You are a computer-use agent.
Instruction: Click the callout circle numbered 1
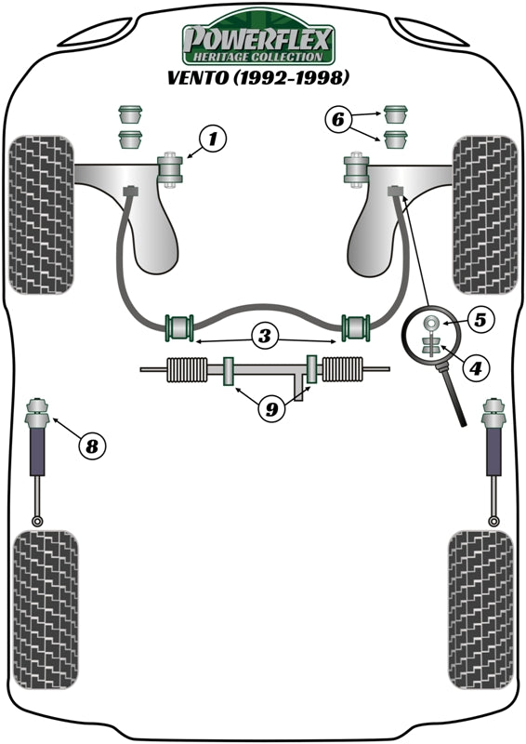pyautogui.click(x=213, y=140)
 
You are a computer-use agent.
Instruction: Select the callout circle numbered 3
pyautogui.click(x=265, y=338)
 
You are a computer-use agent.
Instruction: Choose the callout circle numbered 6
pyautogui.click(x=339, y=118)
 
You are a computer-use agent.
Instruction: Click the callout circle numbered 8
pyautogui.click(x=91, y=446)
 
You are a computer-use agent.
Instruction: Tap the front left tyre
pyautogui.click(x=41, y=215)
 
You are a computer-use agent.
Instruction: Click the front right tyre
pyautogui.click(x=484, y=215)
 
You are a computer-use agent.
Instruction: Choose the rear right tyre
pyautogui.click(x=481, y=609)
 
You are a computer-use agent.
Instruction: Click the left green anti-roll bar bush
pyautogui.click(x=178, y=327)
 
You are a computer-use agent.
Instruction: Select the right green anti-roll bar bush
pyautogui.click(x=356, y=327)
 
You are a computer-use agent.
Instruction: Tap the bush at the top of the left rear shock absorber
pyautogui.click(x=40, y=408)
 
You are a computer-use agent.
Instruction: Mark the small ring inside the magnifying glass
pyautogui.click(x=432, y=324)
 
